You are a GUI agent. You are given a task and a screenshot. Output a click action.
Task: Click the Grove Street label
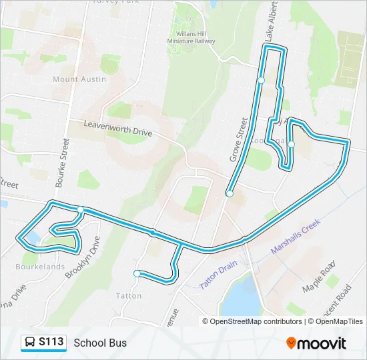point(238,140)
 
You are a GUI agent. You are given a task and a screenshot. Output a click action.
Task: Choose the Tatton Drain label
point(218,274)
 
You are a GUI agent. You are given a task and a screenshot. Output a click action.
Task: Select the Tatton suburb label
point(129,295)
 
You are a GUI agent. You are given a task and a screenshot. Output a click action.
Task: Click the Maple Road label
point(317,277)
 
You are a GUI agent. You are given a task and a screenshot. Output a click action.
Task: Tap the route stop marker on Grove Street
point(230,194)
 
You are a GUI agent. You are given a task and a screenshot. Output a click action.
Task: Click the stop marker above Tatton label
point(137,273)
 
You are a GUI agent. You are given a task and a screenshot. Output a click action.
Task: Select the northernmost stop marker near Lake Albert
point(261,80)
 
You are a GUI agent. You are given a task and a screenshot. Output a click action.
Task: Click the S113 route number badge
point(51,342)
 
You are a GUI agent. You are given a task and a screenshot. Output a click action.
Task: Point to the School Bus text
point(100,343)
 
